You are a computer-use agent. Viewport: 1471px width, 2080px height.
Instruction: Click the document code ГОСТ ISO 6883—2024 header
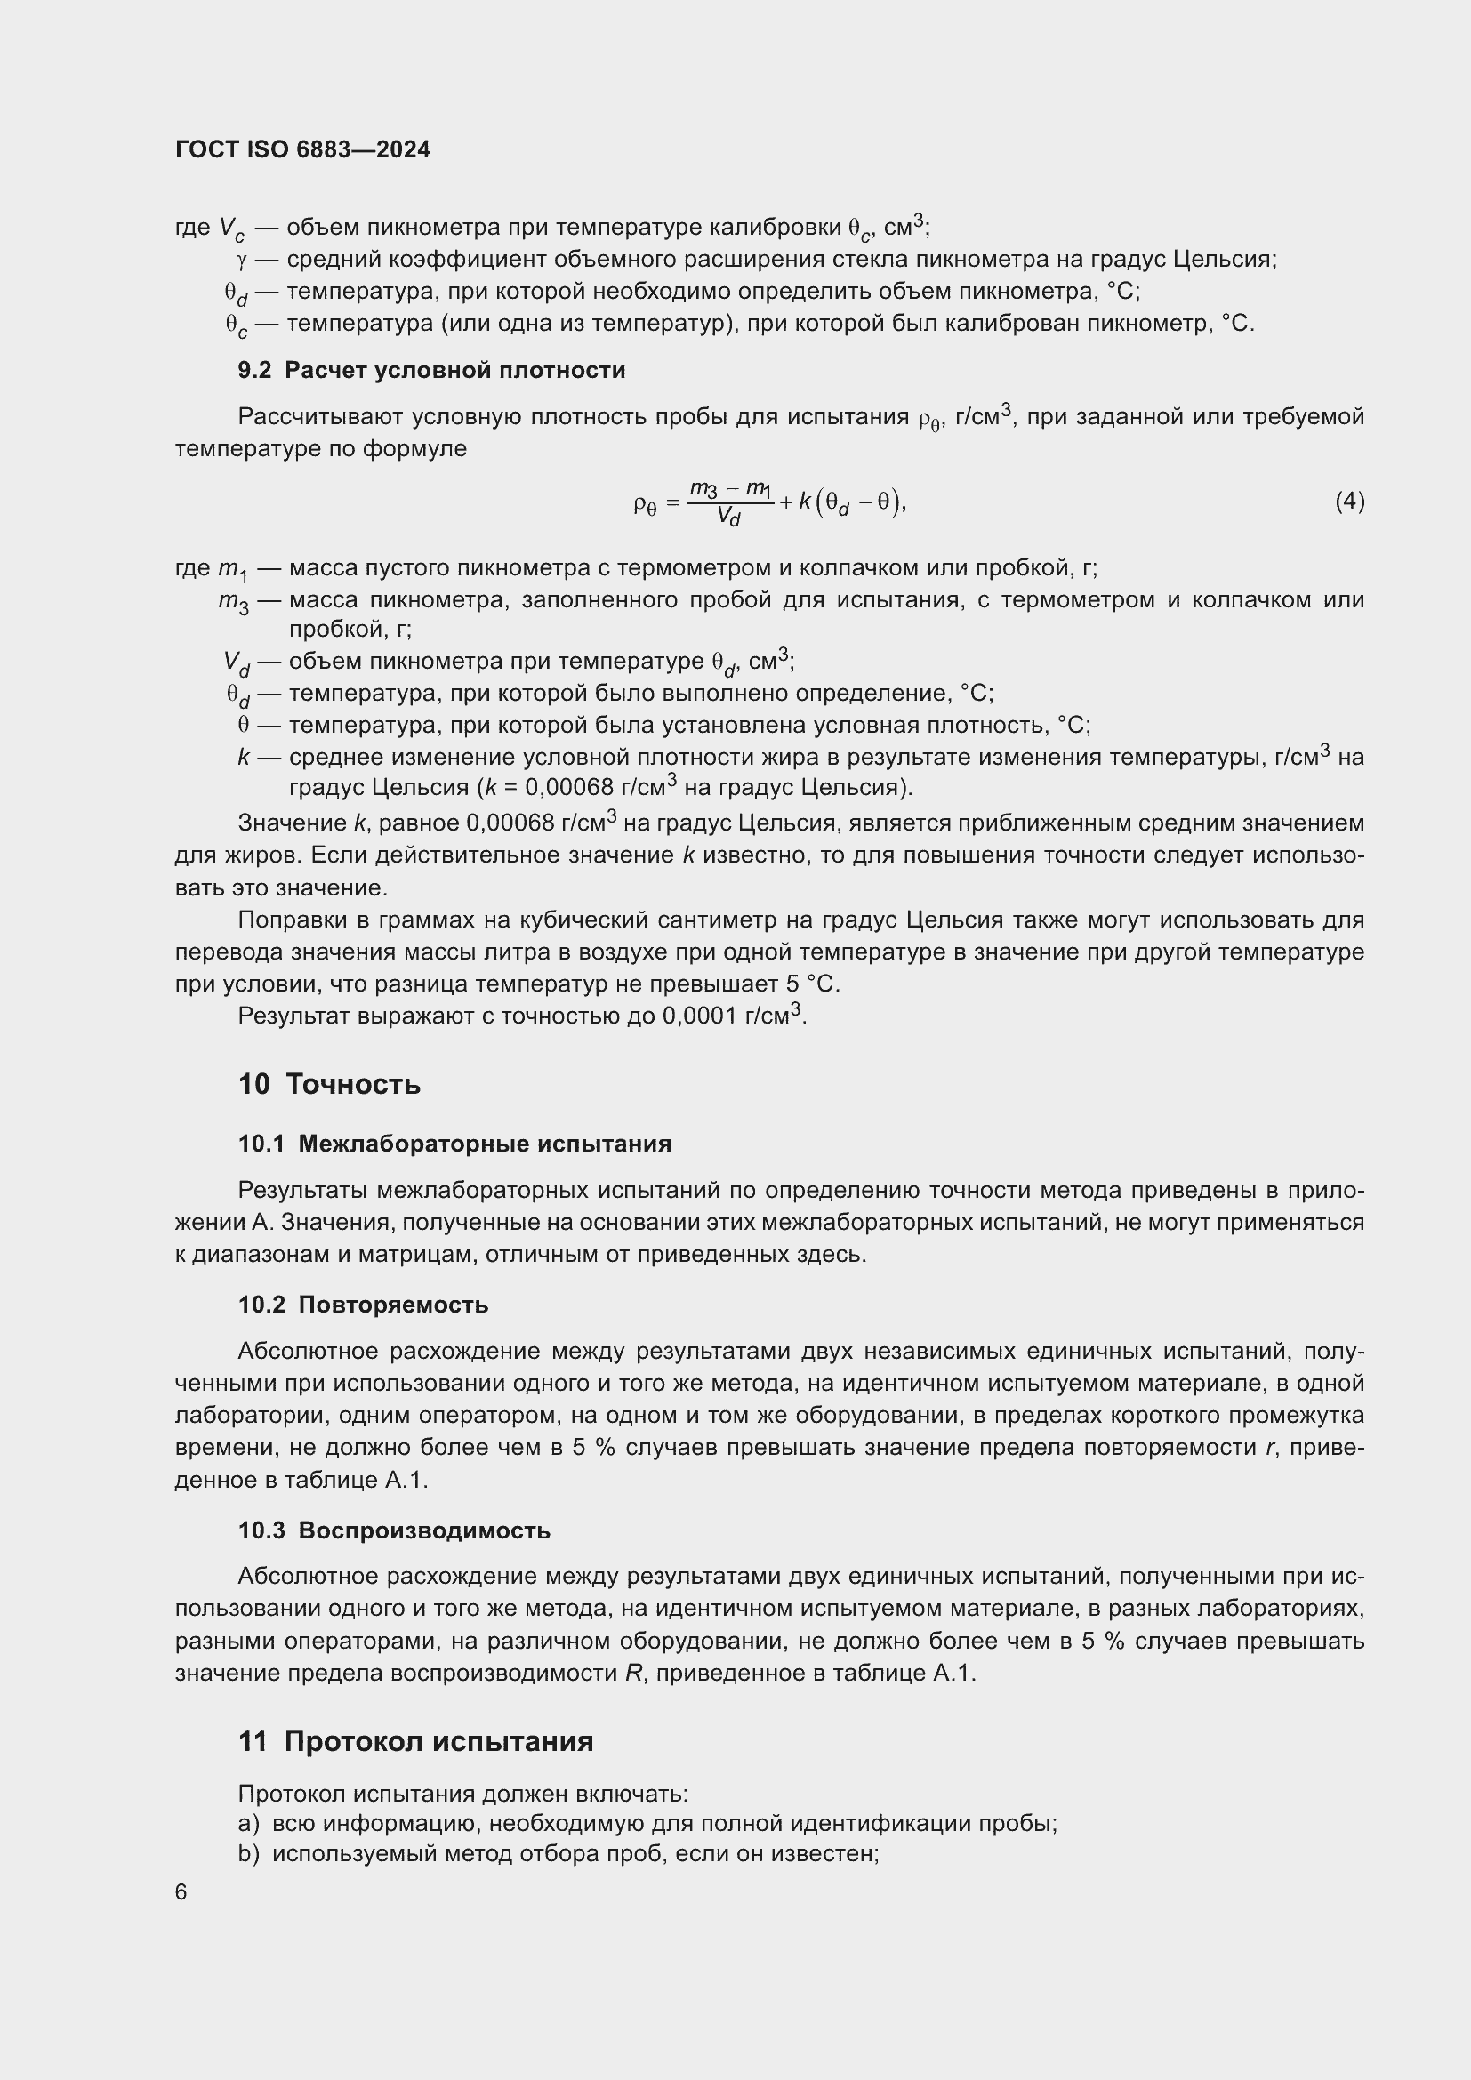click(x=302, y=149)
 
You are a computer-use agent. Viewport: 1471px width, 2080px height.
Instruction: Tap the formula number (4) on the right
click(x=1349, y=501)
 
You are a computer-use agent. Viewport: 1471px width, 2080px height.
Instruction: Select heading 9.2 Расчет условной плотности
click(x=431, y=370)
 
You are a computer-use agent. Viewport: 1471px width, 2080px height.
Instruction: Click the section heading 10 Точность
click(x=329, y=1083)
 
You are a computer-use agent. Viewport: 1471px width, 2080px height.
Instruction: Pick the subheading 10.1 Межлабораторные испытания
click(x=454, y=1144)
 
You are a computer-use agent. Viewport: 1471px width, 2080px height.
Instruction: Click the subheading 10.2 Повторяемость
click(x=363, y=1305)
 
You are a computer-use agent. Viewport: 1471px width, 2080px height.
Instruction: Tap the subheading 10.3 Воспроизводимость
click(x=394, y=1530)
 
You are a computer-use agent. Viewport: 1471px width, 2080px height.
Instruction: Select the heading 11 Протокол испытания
click(x=415, y=1741)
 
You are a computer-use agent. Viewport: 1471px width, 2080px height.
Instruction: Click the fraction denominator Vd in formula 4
click(x=728, y=518)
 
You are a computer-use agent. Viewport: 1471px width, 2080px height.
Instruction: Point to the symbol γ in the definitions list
click(x=241, y=260)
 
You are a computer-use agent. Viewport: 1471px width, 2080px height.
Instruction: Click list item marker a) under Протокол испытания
click(x=248, y=1824)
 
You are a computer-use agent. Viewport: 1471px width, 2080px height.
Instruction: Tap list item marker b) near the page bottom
click(x=248, y=1854)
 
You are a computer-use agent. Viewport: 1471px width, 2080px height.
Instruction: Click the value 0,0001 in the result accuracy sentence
click(x=699, y=1016)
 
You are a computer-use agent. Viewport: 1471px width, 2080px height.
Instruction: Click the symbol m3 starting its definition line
click(x=234, y=601)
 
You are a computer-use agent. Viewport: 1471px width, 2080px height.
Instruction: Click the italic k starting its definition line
click(x=244, y=758)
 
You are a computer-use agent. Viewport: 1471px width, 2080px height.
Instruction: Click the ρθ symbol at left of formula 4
click(x=643, y=502)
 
